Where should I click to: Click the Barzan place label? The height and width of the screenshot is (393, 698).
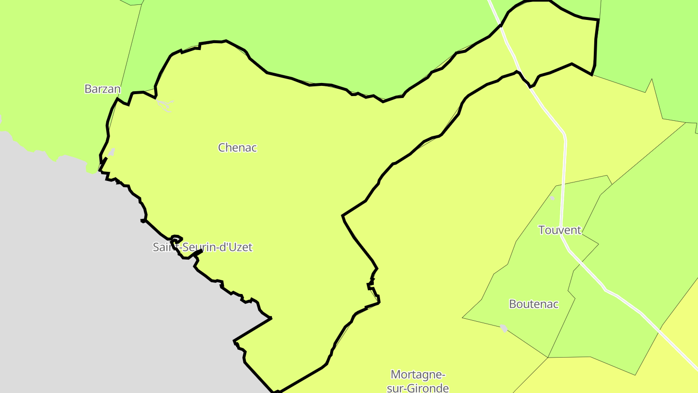(102, 89)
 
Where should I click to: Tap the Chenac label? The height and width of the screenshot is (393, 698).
(237, 147)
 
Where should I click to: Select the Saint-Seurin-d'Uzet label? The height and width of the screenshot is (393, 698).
(203, 247)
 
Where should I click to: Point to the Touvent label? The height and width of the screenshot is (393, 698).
(559, 230)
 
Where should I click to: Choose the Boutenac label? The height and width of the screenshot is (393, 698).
(533, 304)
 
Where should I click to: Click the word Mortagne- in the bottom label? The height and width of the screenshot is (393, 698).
(417, 375)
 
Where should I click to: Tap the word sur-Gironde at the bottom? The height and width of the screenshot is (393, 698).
(417, 388)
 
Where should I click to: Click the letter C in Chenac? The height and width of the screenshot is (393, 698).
(222, 147)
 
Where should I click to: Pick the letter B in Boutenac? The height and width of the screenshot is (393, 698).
(512, 304)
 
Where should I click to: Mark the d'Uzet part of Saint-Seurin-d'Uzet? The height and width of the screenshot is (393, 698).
(236, 247)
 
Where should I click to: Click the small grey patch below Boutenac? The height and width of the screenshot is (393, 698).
(504, 328)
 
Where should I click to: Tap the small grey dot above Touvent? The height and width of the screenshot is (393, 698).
(552, 197)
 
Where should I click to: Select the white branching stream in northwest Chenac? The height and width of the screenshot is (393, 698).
(165, 105)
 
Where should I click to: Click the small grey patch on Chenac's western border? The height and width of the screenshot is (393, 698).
(111, 152)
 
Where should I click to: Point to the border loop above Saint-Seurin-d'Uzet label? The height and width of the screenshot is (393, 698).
(176, 238)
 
